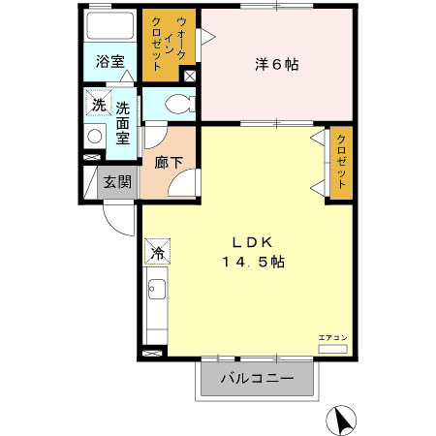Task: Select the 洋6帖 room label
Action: tap(276, 65)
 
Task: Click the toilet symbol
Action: tap(174, 105)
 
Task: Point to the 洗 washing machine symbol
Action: tap(98, 105)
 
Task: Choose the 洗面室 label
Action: tap(123, 123)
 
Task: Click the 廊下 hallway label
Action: tap(169, 162)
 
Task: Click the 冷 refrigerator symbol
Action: tap(157, 254)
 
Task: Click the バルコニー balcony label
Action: tap(257, 378)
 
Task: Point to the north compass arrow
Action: tap(343, 420)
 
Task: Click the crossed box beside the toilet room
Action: tap(189, 75)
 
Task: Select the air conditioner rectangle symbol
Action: tap(331, 347)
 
